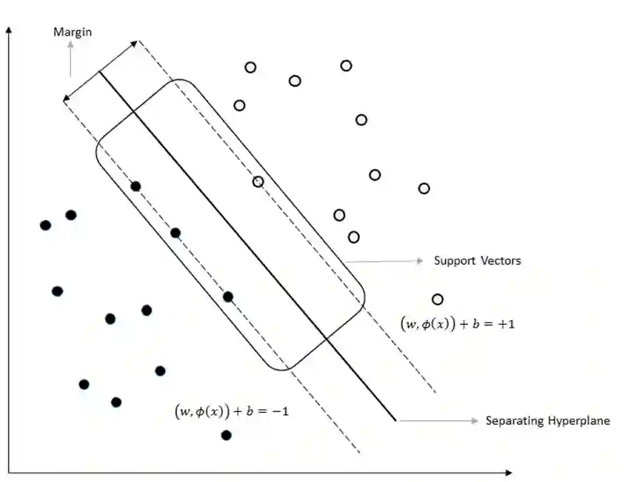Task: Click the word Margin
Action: coord(72,32)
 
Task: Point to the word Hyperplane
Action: coord(579,421)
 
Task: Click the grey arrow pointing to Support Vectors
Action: coord(386,261)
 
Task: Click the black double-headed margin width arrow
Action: coord(101,71)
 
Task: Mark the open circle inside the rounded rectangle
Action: coord(258,181)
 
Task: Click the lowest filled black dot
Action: coord(226,435)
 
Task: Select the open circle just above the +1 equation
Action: coord(438,299)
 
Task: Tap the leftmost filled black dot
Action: coord(46,225)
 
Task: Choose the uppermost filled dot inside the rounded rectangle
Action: coord(136,186)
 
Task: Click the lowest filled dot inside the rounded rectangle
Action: coord(228,296)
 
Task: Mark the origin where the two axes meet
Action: coord(8,473)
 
